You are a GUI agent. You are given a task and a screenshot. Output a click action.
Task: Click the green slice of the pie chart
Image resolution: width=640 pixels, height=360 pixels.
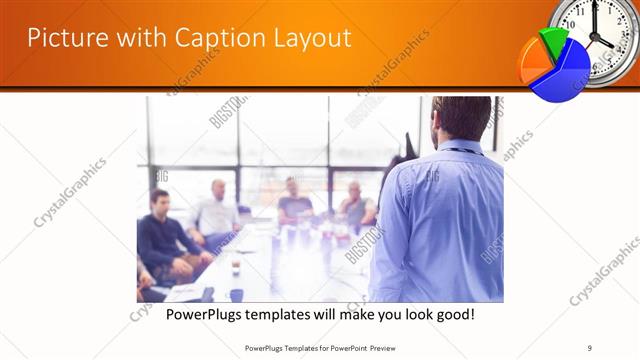coord(550,41)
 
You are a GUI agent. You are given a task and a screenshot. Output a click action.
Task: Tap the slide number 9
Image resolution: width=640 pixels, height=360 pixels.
coord(590,348)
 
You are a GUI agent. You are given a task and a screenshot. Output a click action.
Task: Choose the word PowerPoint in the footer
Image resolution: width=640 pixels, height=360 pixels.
coord(345,348)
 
